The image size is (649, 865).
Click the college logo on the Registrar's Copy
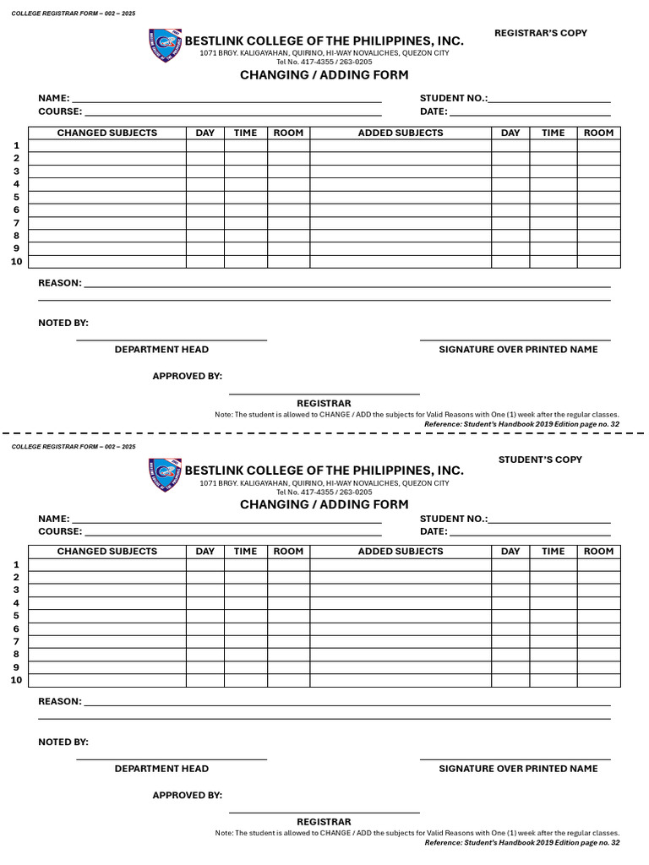tap(165, 46)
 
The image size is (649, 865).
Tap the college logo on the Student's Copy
tap(165, 475)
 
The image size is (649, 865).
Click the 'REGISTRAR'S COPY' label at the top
tap(540, 33)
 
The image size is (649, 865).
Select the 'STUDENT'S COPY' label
tap(540, 460)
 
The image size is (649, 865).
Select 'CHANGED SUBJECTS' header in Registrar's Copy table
tap(107, 133)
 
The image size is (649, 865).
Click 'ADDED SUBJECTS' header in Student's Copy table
tap(401, 552)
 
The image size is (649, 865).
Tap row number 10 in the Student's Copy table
tap(16, 681)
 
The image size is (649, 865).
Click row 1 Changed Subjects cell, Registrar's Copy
tap(107, 146)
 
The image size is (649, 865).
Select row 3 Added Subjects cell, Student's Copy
tap(401, 590)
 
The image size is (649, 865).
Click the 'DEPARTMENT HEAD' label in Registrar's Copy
tap(161, 350)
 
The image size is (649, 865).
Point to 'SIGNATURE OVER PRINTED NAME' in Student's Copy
tap(518, 769)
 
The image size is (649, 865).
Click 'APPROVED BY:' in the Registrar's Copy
tap(187, 376)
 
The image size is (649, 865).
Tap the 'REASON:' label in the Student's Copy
tap(60, 702)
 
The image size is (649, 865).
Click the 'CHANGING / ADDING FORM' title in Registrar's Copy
tap(324, 75)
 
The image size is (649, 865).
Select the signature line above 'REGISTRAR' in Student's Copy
tap(324, 813)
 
